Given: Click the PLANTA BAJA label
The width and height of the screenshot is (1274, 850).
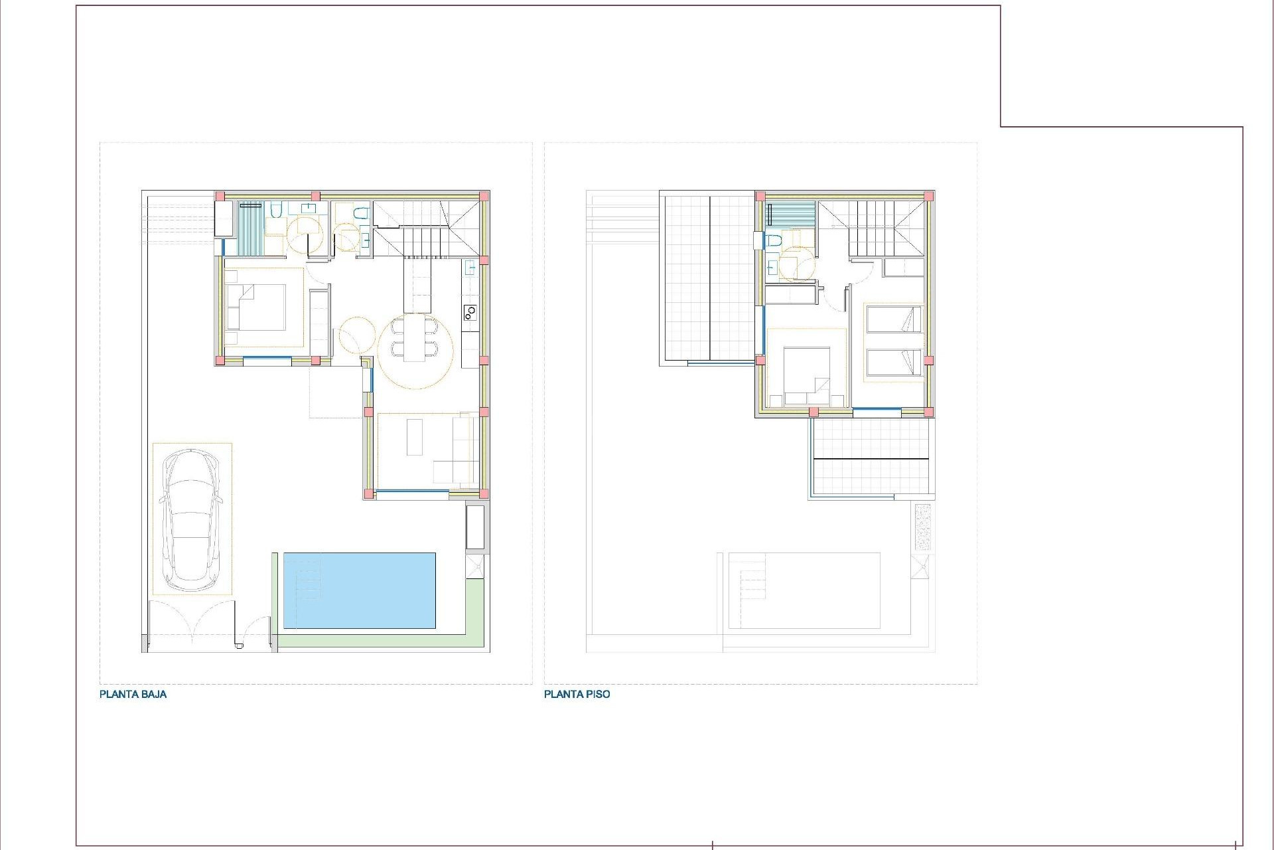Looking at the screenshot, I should click(133, 695).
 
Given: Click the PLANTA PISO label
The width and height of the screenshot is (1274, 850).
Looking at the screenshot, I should click(577, 695).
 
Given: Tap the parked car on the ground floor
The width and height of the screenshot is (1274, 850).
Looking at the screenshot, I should click(192, 519).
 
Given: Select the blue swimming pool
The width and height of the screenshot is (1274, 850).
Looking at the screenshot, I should click(359, 590).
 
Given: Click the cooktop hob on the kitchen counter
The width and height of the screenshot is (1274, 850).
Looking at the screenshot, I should click(470, 311).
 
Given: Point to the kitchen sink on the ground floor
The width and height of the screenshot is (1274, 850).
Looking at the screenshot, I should click(470, 268).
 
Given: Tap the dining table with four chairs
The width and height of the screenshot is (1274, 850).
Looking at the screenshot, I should click(415, 337).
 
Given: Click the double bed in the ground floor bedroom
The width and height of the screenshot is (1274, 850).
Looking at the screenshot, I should click(256, 307).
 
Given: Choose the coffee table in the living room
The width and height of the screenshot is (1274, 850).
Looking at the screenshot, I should click(415, 436).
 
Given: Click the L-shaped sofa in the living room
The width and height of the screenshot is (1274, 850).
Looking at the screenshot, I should click(457, 458).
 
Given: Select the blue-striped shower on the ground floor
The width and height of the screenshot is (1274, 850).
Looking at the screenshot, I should click(251, 228).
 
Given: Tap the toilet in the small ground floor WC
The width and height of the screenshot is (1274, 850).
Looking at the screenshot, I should click(360, 213).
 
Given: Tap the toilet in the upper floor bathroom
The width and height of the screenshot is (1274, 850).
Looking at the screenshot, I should click(773, 240).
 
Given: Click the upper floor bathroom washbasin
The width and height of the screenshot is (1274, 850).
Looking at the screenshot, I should click(772, 268).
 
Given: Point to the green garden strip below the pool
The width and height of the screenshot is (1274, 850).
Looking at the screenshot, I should click(378, 641).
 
